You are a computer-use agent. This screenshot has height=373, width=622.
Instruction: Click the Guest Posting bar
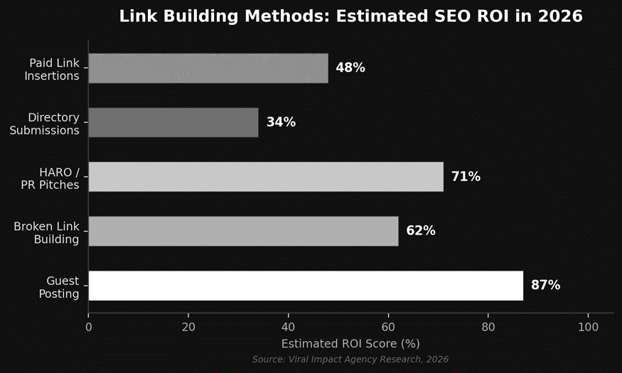(x=306, y=286)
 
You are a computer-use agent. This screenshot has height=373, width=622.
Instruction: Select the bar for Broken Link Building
(x=243, y=231)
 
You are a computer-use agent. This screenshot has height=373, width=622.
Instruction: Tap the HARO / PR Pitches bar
(x=266, y=177)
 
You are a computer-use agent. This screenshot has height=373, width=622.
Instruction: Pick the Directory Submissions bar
(x=173, y=122)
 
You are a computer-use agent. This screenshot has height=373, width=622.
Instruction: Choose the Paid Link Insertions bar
(x=208, y=68)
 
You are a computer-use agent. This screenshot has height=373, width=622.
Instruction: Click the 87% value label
(x=545, y=286)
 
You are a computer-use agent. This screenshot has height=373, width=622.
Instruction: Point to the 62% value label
(x=420, y=231)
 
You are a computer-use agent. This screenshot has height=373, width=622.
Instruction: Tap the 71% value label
(x=466, y=177)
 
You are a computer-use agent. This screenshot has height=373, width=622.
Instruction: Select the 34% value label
(x=281, y=122)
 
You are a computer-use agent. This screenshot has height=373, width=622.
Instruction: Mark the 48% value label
(x=350, y=68)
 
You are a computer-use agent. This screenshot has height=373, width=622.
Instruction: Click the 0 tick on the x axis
(x=89, y=328)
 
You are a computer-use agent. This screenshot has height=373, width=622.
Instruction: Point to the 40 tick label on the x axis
(x=288, y=328)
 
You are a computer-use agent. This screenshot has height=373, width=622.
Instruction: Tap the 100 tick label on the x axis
(x=588, y=328)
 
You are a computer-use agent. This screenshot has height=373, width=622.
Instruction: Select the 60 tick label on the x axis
(x=388, y=328)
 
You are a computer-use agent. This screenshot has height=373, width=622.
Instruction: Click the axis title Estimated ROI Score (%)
(x=350, y=344)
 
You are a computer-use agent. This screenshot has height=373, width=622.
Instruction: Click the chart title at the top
(x=350, y=16)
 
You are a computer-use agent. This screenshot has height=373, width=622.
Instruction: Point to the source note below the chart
(x=350, y=360)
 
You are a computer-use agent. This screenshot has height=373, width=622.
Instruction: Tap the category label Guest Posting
(x=63, y=287)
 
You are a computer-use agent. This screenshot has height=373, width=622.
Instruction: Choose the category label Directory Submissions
(x=44, y=124)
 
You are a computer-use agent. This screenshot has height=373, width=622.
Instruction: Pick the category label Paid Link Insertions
(x=52, y=70)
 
